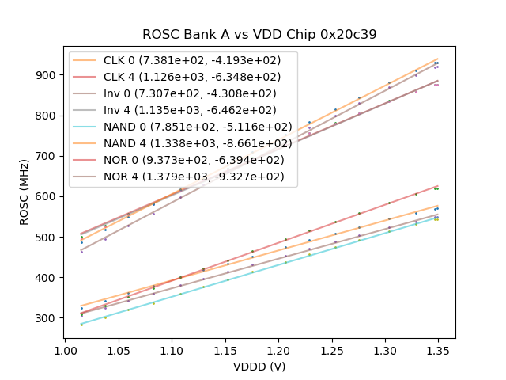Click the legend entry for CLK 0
coord(183,60)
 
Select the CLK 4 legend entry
coord(183,77)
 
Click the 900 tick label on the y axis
coord(47,75)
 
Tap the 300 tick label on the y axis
coord(47,318)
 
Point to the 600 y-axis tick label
coord(47,196)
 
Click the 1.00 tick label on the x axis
coord(65,350)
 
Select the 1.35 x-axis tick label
coord(439,350)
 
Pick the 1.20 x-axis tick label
coord(278,350)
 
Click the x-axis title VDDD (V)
coord(259,367)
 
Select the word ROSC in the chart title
coord(160,35)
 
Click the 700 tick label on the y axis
coord(47,156)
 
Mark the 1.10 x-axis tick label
coord(172,350)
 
